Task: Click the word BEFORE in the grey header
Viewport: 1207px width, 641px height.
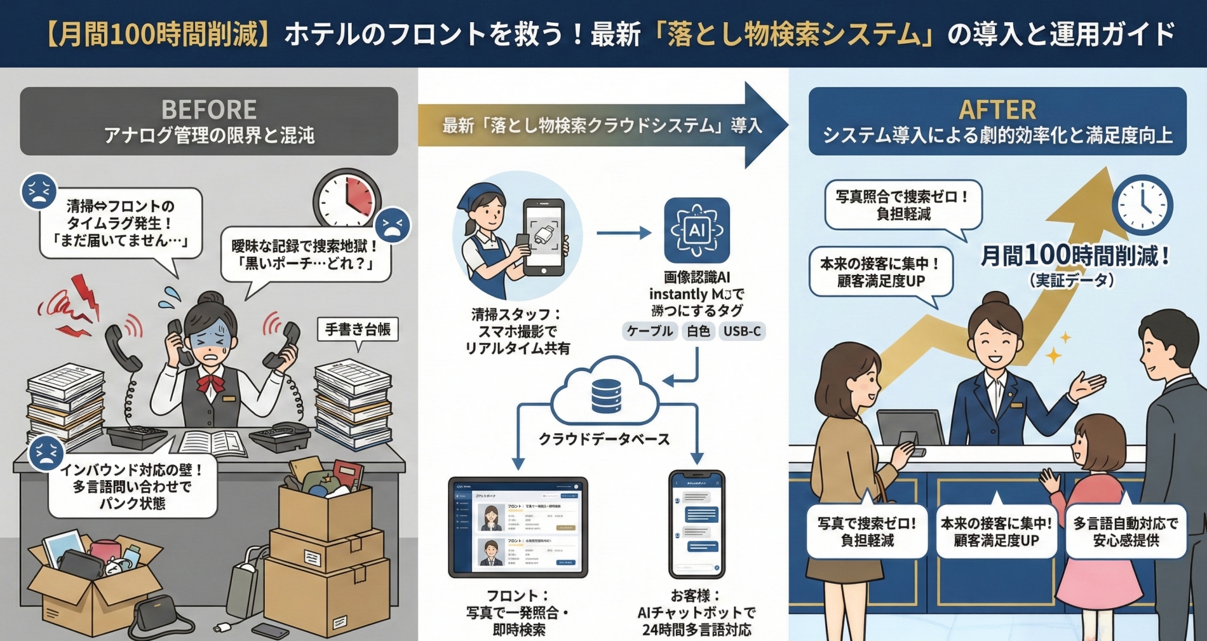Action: tap(209, 110)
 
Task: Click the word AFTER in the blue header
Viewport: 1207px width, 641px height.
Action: tap(997, 110)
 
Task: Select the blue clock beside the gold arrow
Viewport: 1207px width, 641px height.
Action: tap(1142, 205)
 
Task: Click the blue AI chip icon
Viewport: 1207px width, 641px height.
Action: tap(697, 230)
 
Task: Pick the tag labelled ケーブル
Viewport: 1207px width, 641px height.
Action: tap(649, 331)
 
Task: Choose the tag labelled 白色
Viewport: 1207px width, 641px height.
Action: tap(698, 331)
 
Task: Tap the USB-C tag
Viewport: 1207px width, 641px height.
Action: tap(741, 331)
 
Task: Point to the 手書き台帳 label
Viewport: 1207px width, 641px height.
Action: tap(358, 329)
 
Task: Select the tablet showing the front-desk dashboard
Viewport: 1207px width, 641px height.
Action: tap(518, 527)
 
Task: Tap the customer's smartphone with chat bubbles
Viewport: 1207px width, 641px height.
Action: tap(697, 523)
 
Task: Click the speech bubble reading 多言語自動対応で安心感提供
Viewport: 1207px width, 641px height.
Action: tap(1126, 532)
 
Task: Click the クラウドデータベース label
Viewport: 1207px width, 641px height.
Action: tap(604, 439)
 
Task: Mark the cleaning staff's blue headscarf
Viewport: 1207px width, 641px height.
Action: tap(483, 194)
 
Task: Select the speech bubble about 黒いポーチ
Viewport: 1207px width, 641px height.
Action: tap(306, 255)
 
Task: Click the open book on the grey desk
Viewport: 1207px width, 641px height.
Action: tap(213, 442)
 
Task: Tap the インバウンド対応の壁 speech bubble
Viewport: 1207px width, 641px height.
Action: tap(132, 487)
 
